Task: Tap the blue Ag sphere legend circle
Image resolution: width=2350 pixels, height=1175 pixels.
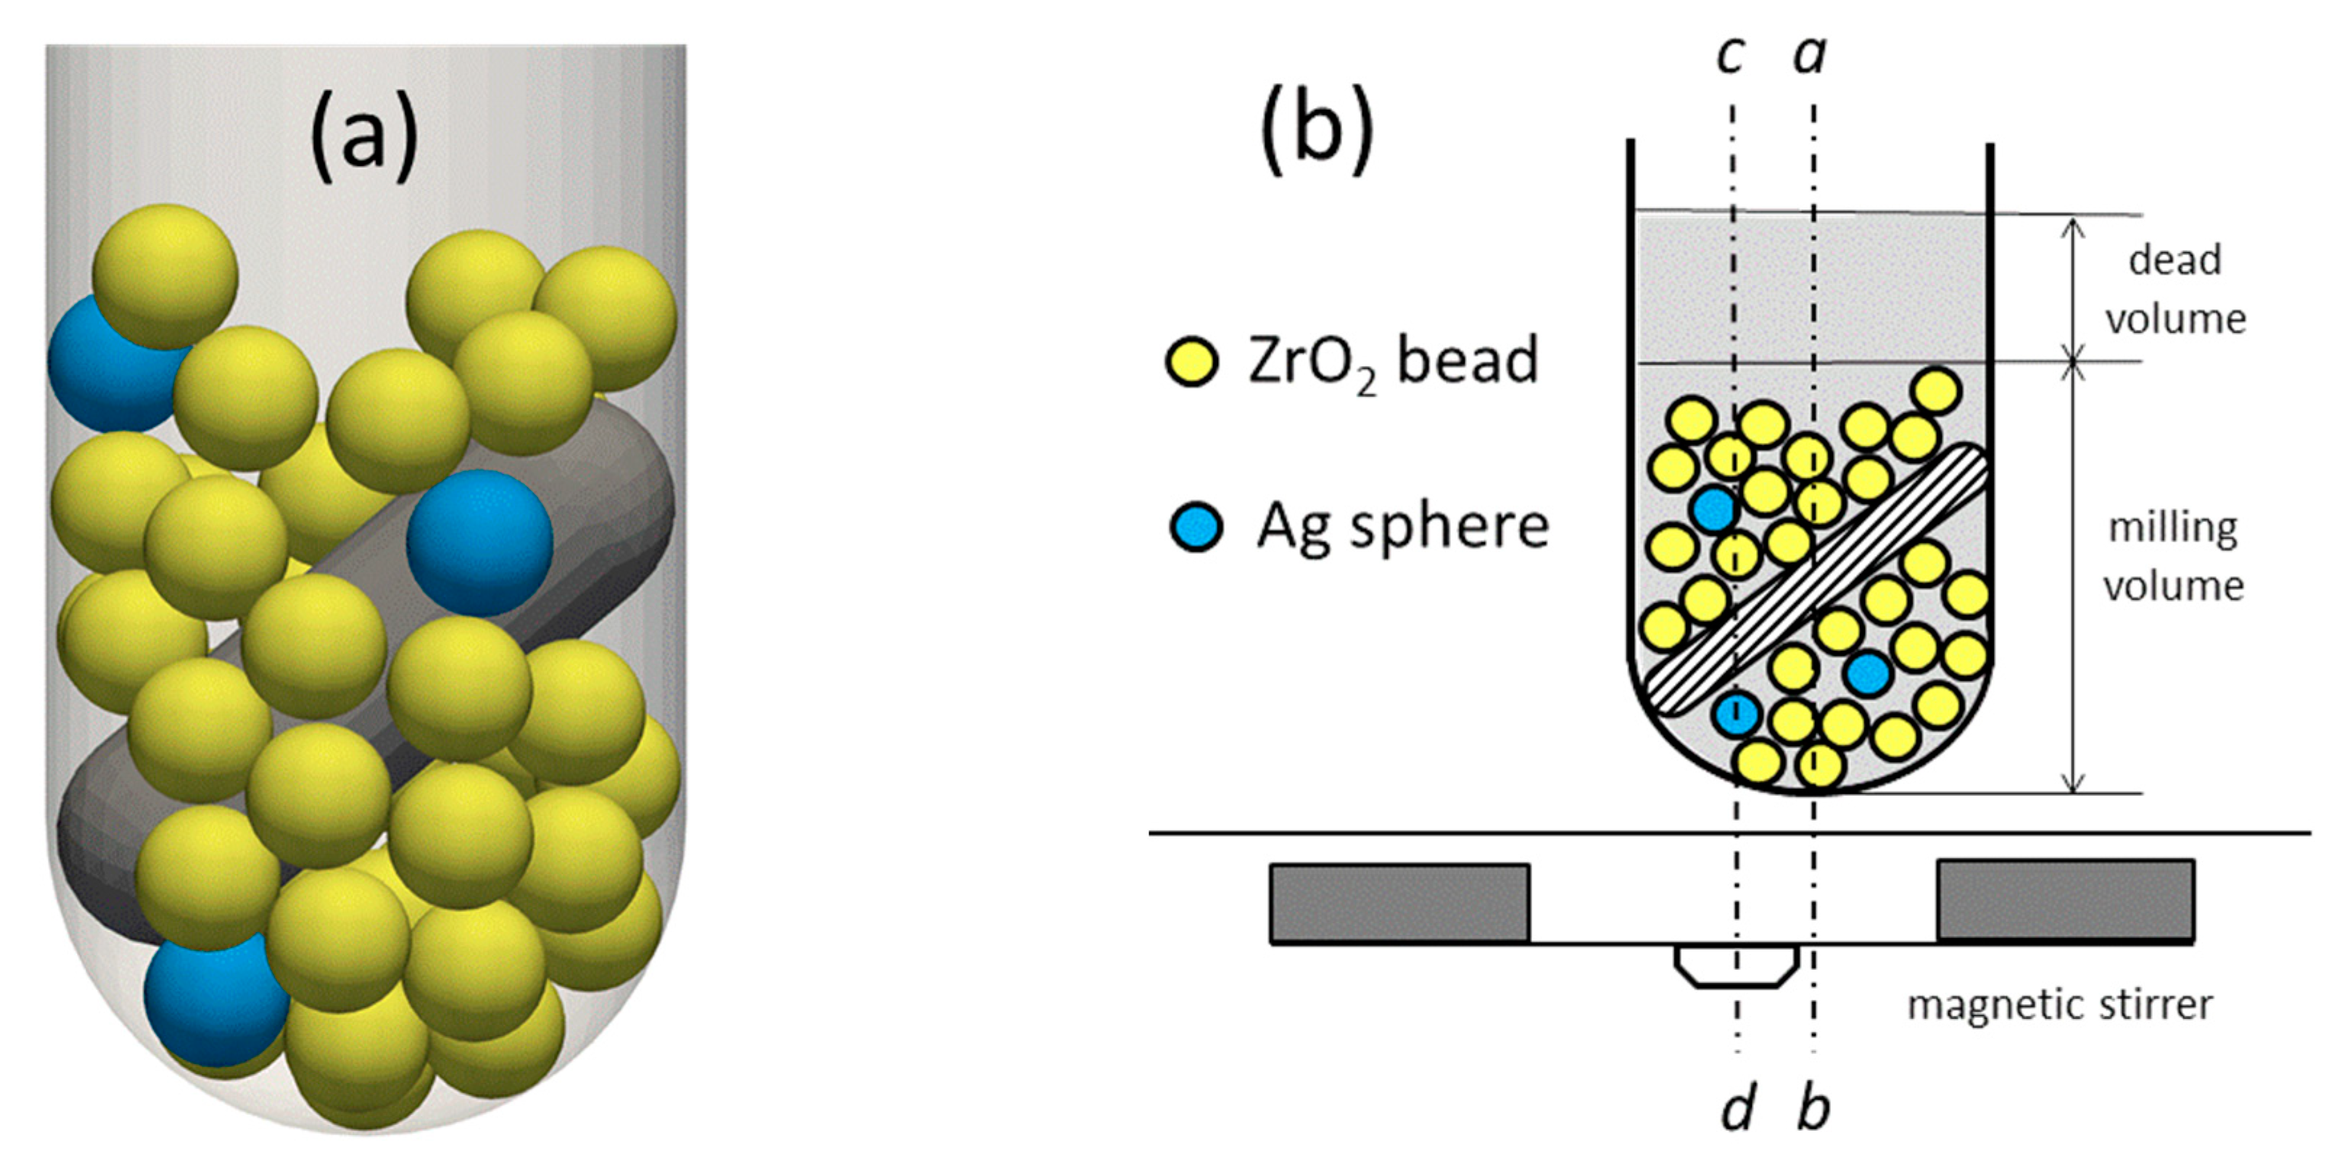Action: [1196, 526]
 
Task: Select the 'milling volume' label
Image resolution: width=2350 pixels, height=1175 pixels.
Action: [2174, 557]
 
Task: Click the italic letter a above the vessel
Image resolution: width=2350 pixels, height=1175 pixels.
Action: [1810, 57]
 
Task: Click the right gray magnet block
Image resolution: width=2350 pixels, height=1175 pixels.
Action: [2065, 900]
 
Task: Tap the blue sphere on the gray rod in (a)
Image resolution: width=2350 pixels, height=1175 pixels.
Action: [480, 542]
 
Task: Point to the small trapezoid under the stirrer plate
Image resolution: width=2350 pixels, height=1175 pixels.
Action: [1736, 966]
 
